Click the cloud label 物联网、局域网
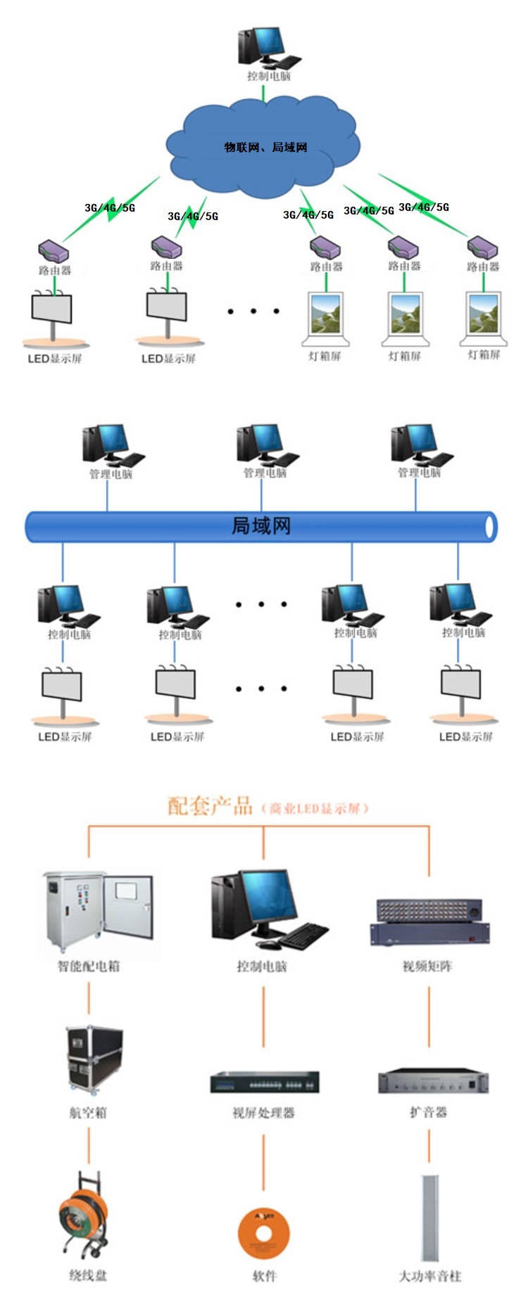[265, 147]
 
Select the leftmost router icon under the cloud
[54, 250]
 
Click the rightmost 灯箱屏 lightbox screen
[484, 316]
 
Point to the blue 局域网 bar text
[261, 526]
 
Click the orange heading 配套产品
[210, 805]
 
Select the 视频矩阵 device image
[429, 921]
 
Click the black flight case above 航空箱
[94, 1059]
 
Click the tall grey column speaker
[429, 1217]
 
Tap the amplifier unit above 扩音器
[433, 1081]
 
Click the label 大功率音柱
[429, 1276]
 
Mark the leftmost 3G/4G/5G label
[110, 208]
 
